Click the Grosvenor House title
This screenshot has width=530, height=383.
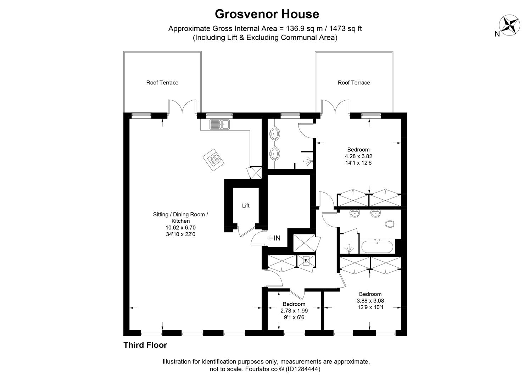click(x=267, y=14)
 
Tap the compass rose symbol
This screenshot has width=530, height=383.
click(x=509, y=25)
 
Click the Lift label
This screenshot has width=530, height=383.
click(x=246, y=206)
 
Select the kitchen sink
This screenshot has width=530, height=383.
click(x=219, y=124)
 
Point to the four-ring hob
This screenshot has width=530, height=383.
click(x=213, y=160)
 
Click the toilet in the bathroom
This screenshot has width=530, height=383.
click(x=390, y=224)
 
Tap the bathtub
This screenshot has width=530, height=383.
click(x=377, y=246)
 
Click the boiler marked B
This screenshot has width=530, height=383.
click(x=306, y=261)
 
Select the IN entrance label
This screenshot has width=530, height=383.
click(x=277, y=238)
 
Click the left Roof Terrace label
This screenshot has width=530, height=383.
click(x=162, y=83)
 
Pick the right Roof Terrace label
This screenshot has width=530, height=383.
click(x=354, y=83)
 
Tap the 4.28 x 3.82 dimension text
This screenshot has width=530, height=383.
click(x=358, y=156)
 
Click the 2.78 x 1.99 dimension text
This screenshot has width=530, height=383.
click(x=294, y=311)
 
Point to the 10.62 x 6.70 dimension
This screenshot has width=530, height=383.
click(x=180, y=228)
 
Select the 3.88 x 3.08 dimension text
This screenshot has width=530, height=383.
click(x=370, y=301)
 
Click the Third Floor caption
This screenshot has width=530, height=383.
click(x=145, y=345)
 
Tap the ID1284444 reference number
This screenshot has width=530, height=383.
click(x=303, y=369)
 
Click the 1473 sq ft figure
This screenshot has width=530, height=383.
click(x=345, y=29)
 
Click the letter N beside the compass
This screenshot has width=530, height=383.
click(x=497, y=34)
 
